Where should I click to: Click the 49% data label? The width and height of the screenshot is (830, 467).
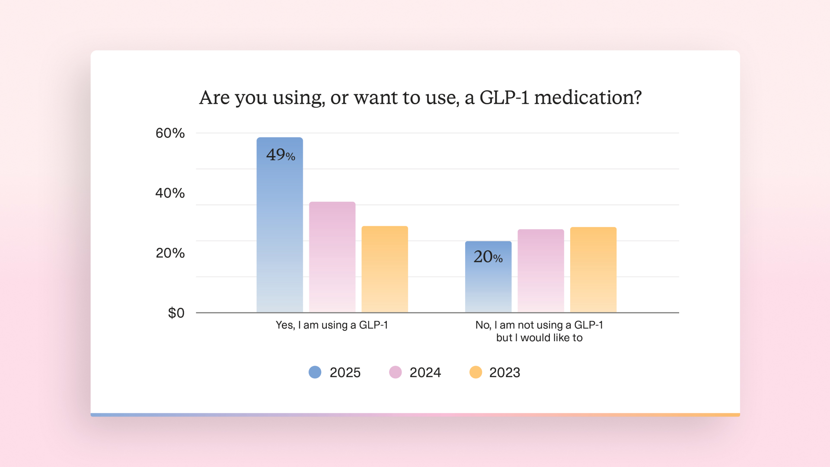[281, 155]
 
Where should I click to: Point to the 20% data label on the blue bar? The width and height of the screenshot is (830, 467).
[488, 257]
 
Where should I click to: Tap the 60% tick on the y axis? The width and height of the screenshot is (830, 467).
[170, 133]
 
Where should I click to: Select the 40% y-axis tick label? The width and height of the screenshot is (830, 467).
[170, 193]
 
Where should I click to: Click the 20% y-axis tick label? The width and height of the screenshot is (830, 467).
[170, 253]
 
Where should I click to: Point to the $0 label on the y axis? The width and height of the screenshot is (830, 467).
[176, 313]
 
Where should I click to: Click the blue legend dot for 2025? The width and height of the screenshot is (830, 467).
[315, 372]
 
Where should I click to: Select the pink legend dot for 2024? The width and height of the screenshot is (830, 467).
[395, 372]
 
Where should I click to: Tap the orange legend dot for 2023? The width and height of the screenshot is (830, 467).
[476, 372]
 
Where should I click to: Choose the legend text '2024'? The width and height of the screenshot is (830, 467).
[425, 372]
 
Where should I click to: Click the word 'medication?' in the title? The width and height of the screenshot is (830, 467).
[588, 98]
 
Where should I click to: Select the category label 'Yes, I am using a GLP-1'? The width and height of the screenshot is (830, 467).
[332, 325]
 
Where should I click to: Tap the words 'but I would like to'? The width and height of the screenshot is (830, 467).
[539, 338]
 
